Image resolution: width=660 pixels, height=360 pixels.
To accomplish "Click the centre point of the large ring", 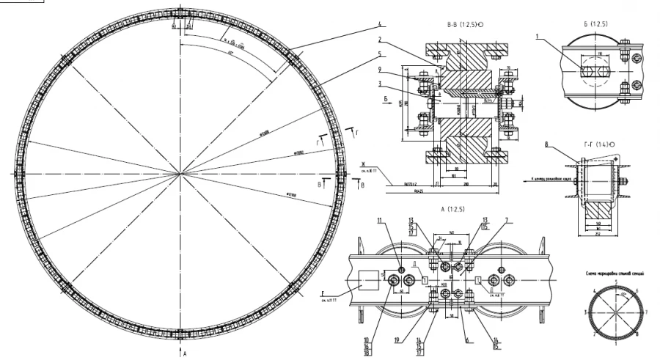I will (x=180, y=173).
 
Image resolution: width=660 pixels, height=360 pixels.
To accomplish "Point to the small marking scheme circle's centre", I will (x=617, y=312).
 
